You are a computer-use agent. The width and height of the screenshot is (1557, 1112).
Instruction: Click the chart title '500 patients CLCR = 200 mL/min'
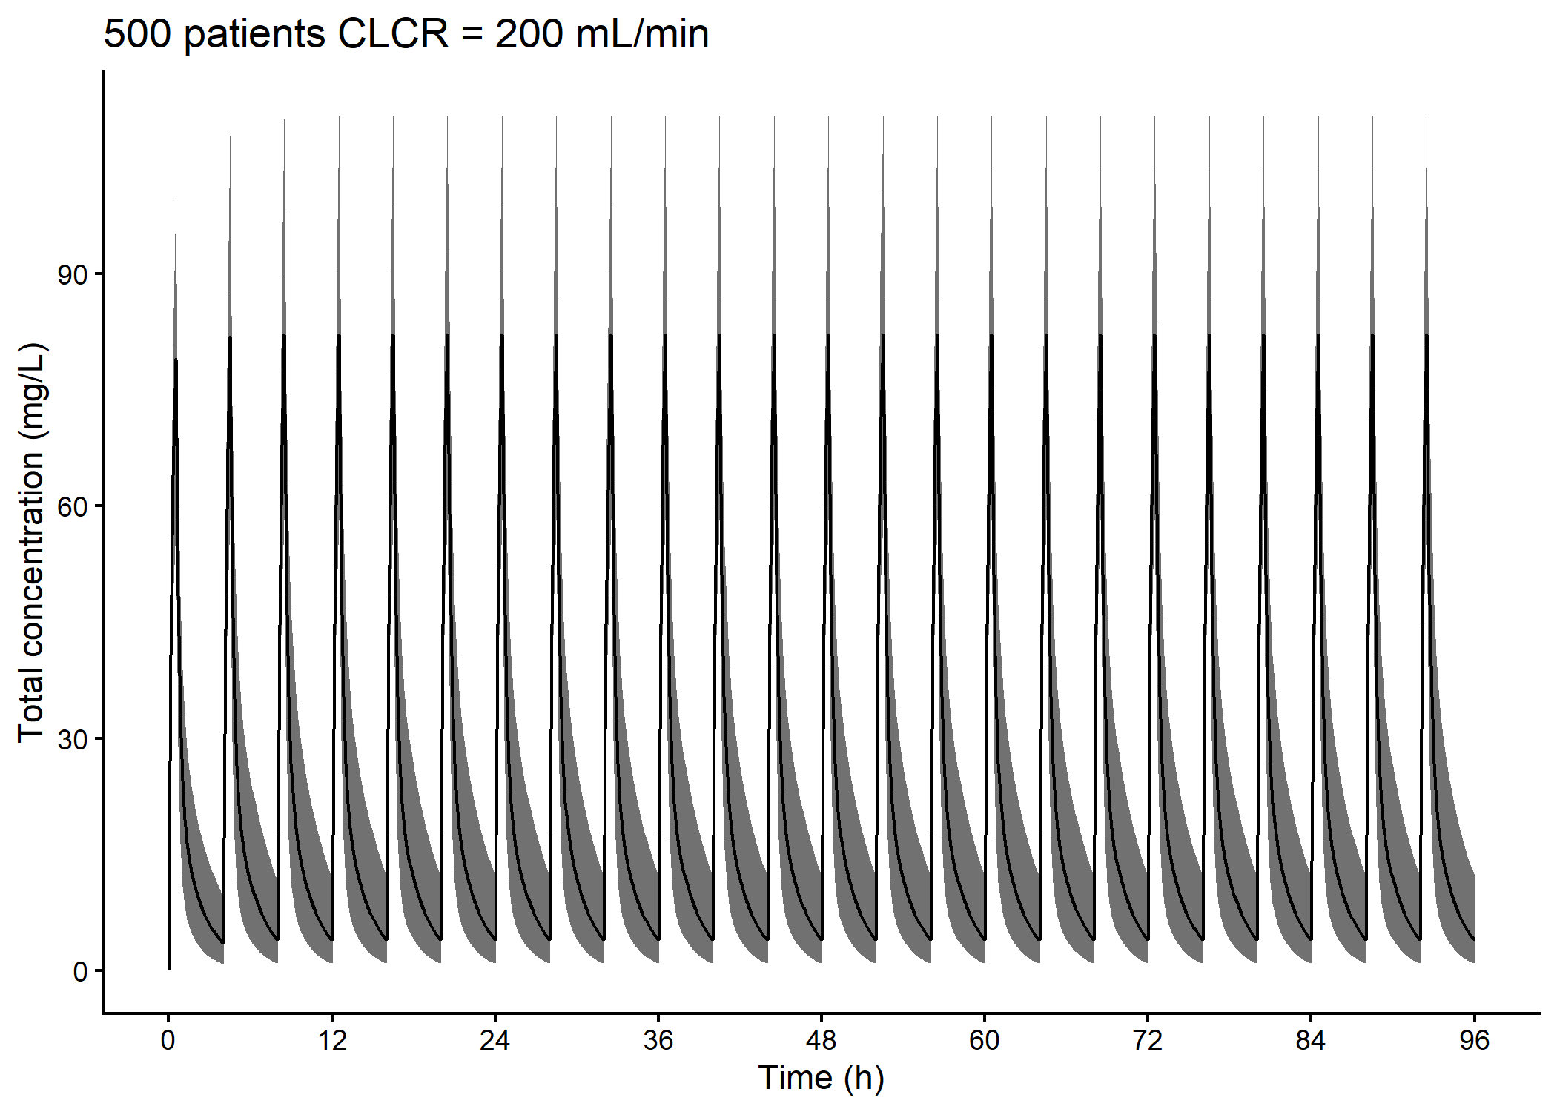406,34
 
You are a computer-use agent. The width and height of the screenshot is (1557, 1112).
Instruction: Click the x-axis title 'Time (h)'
821,1077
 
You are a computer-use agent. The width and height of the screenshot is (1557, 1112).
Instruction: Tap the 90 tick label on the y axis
72,275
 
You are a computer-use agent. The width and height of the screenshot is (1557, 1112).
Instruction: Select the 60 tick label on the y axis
72,507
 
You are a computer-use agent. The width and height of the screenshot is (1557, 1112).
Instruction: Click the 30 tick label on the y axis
72,739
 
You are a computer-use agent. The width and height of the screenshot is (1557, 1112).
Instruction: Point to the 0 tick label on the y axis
80,971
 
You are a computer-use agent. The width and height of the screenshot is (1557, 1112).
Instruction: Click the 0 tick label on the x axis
168,1041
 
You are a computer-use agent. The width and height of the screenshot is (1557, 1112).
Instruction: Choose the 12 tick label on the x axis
331,1041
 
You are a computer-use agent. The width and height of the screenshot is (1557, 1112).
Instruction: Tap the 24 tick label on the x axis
495,1041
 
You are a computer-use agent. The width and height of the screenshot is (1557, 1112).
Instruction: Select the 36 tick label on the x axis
658,1041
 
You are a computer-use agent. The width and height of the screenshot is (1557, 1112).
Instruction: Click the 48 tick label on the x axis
821,1041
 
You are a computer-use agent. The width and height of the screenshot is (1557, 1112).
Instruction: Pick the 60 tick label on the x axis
984,1041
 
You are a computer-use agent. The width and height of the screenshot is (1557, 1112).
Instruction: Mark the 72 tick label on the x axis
1147,1041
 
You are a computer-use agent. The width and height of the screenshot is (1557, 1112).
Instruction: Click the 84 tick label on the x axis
1310,1041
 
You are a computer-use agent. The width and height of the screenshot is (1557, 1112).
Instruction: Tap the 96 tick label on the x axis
1474,1041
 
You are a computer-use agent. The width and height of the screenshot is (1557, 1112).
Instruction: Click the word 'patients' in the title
254,34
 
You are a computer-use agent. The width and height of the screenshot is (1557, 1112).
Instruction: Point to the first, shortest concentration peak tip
176,198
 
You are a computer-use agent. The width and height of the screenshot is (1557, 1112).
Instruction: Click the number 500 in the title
139,34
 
